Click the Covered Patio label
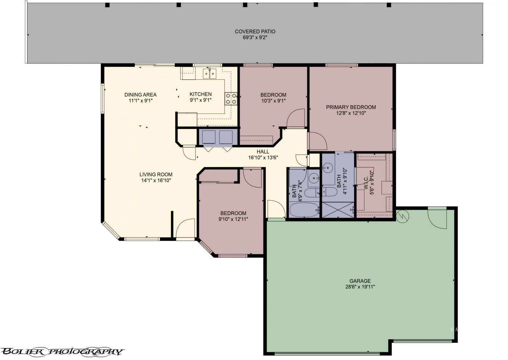pyautogui.click(x=255, y=31)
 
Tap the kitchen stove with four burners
pyautogui.click(x=231, y=99)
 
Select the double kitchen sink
pyautogui.click(x=210, y=73)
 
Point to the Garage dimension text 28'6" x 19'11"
pyautogui.click(x=360, y=287)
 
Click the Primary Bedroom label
pyautogui.click(x=351, y=107)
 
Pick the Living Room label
pyautogui.click(x=156, y=174)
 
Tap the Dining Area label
pyautogui.click(x=140, y=95)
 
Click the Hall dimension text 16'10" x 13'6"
pyautogui.click(x=263, y=158)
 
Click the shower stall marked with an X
pyautogui.click(x=338, y=210)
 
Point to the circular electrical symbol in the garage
pyautogui.click(x=403, y=216)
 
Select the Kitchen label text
pyautogui.click(x=200, y=94)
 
